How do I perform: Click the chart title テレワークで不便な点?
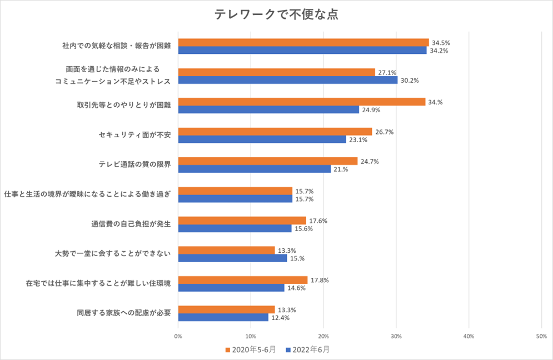click(x=276, y=15)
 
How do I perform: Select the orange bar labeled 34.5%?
click(x=303, y=42)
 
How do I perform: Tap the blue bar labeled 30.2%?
click(x=288, y=80)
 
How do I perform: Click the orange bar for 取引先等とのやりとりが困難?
click(x=302, y=102)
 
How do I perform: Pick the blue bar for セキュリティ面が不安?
click(x=262, y=139)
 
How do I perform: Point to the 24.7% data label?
click(x=370, y=162)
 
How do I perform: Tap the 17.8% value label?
click(x=320, y=280)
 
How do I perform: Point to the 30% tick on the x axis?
click(x=396, y=336)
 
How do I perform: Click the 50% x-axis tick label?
click(x=541, y=336)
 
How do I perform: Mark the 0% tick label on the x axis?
click(x=178, y=336)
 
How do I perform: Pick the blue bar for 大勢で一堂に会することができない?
click(x=232, y=258)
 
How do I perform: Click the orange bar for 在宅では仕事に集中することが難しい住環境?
click(x=243, y=280)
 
